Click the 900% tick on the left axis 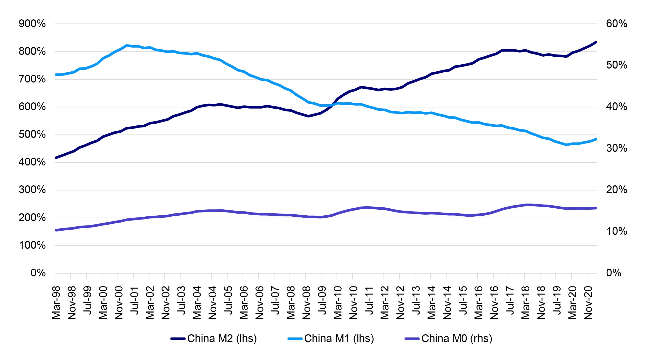32,24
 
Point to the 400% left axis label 32,162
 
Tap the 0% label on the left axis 38,273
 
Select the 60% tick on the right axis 616,24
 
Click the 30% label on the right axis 616,148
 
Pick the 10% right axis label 616,231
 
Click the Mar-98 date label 56,303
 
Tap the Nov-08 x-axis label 306,303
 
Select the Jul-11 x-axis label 369,301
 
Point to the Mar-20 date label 572,303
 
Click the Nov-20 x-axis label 588,303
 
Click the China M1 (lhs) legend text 339,338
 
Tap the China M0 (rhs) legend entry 457,338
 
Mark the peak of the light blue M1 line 127,45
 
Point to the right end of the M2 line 596,42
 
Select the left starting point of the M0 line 56,230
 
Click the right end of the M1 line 596,139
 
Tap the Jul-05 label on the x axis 228,301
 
